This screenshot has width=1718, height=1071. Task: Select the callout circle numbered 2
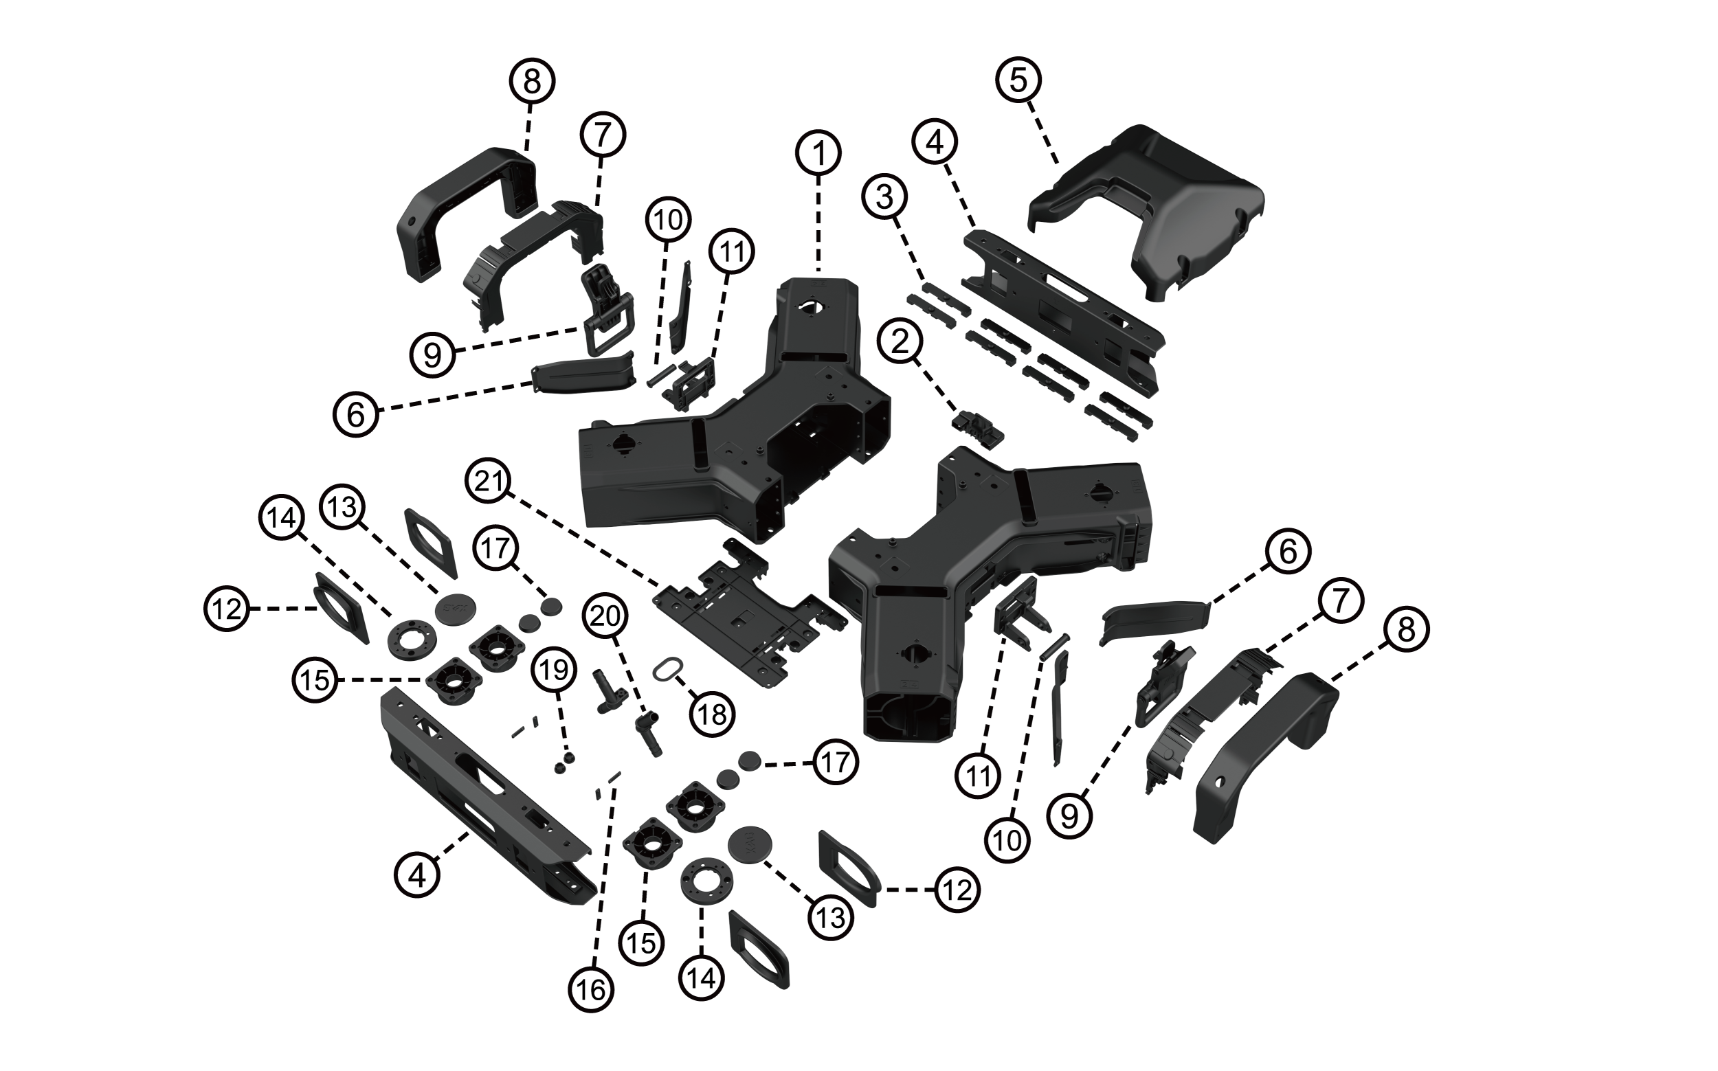pyautogui.click(x=900, y=343)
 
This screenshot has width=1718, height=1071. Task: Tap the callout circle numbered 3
pyautogui.click(x=884, y=198)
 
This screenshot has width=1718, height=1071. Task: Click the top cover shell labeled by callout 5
pyautogui.click(x=1162, y=212)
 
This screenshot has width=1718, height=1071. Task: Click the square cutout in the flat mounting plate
pyautogui.click(x=741, y=620)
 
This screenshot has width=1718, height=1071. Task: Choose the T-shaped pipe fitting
pyautogui.click(x=606, y=690)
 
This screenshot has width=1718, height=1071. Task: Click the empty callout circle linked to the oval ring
pyautogui.click(x=711, y=714)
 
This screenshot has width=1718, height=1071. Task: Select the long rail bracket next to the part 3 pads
pyautogui.click(x=1062, y=312)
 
